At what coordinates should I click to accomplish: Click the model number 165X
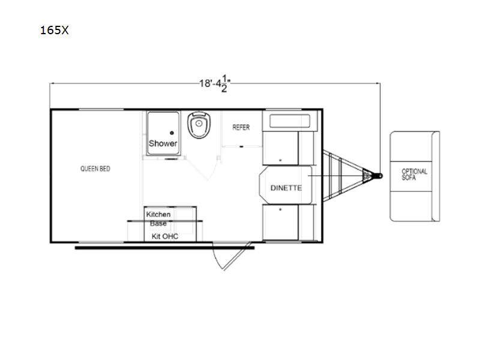click(54, 30)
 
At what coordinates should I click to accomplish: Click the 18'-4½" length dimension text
click(215, 85)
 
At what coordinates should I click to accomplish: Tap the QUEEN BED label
click(95, 169)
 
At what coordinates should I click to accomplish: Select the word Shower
click(163, 143)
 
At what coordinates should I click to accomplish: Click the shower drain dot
click(172, 133)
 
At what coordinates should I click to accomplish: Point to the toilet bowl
click(199, 125)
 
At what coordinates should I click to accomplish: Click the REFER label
click(241, 127)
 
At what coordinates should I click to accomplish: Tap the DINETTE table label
click(286, 188)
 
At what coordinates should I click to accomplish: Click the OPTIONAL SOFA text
click(414, 174)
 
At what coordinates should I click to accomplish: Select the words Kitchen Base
click(158, 219)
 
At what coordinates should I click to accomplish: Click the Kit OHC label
click(165, 236)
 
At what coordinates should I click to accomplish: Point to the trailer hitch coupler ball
click(380, 176)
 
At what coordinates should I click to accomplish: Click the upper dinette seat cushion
click(280, 148)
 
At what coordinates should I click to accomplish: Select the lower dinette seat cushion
click(280, 223)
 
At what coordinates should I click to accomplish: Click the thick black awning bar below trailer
click(164, 248)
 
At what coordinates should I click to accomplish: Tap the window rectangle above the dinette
click(290, 121)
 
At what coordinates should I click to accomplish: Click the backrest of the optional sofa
click(436, 176)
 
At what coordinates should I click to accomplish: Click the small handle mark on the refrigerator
click(241, 146)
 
